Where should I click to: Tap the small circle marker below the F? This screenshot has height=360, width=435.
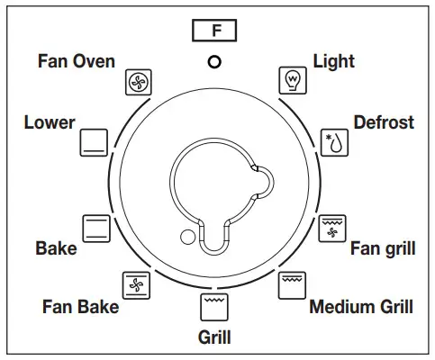point(214,62)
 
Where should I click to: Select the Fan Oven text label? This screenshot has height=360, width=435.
point(77,61)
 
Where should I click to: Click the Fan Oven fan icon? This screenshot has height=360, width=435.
point(138,83)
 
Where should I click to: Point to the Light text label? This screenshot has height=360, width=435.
point(333,61)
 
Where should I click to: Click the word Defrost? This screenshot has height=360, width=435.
point(383,121)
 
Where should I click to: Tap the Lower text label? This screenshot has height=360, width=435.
point(50,122)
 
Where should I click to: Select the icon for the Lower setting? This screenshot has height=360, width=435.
point(95,140)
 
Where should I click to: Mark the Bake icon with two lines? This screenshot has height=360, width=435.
point(96,227)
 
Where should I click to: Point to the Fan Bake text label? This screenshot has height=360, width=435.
point(80,307)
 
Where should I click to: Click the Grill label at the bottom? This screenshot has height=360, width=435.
point(214,337)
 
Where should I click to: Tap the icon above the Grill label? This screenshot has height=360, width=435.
point(214,305)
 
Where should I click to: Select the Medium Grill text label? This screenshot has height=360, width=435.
point(361,307)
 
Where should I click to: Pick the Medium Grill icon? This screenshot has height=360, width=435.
point(291,284)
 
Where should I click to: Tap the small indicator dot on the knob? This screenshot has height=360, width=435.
point(187,238)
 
